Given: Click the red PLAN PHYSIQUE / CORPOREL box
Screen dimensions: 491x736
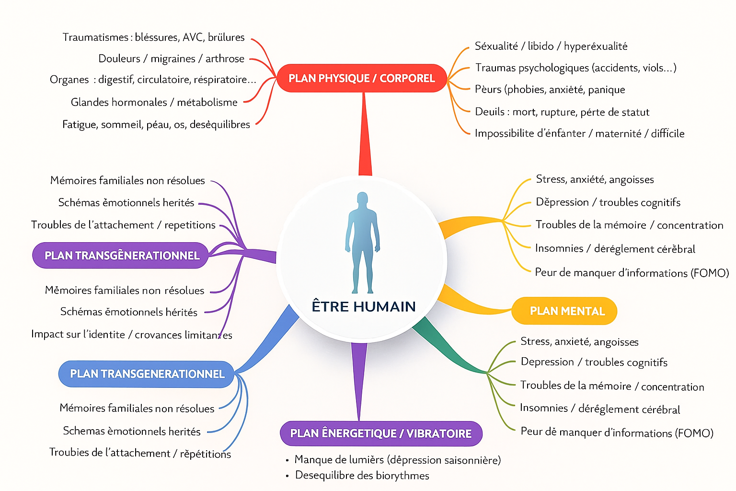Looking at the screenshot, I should pos(362,78).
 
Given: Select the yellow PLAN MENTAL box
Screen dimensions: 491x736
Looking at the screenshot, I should pos(564,311).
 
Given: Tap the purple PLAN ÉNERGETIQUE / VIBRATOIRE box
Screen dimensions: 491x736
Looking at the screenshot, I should pos(380,433).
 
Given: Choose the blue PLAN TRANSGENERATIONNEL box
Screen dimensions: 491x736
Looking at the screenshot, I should pos(147,374).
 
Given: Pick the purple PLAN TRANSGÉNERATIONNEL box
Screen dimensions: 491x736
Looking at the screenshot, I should pos(121,256).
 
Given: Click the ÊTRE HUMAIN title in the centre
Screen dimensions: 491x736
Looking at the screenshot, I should pos(364,306).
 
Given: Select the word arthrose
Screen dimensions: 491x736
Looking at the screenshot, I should pos(225,58).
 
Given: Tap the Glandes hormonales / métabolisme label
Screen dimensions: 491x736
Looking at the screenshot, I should pos(154,102).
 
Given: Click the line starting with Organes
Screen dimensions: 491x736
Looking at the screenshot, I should pos(153,80).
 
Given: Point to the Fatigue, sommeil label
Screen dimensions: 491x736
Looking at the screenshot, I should pos(156,125).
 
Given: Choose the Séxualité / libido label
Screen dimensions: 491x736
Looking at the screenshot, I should pos(551,46).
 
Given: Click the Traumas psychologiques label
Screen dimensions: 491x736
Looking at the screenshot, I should pos(575,68).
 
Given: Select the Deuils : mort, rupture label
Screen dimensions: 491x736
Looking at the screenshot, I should pos(562,112).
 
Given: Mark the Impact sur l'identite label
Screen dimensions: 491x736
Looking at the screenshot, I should pos(131,334).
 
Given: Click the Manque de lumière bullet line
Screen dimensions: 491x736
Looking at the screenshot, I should pos(397,460).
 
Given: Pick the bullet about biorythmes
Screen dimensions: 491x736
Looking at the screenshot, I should pos(362,475).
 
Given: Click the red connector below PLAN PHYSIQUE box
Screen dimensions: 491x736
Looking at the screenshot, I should pos(365,134).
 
